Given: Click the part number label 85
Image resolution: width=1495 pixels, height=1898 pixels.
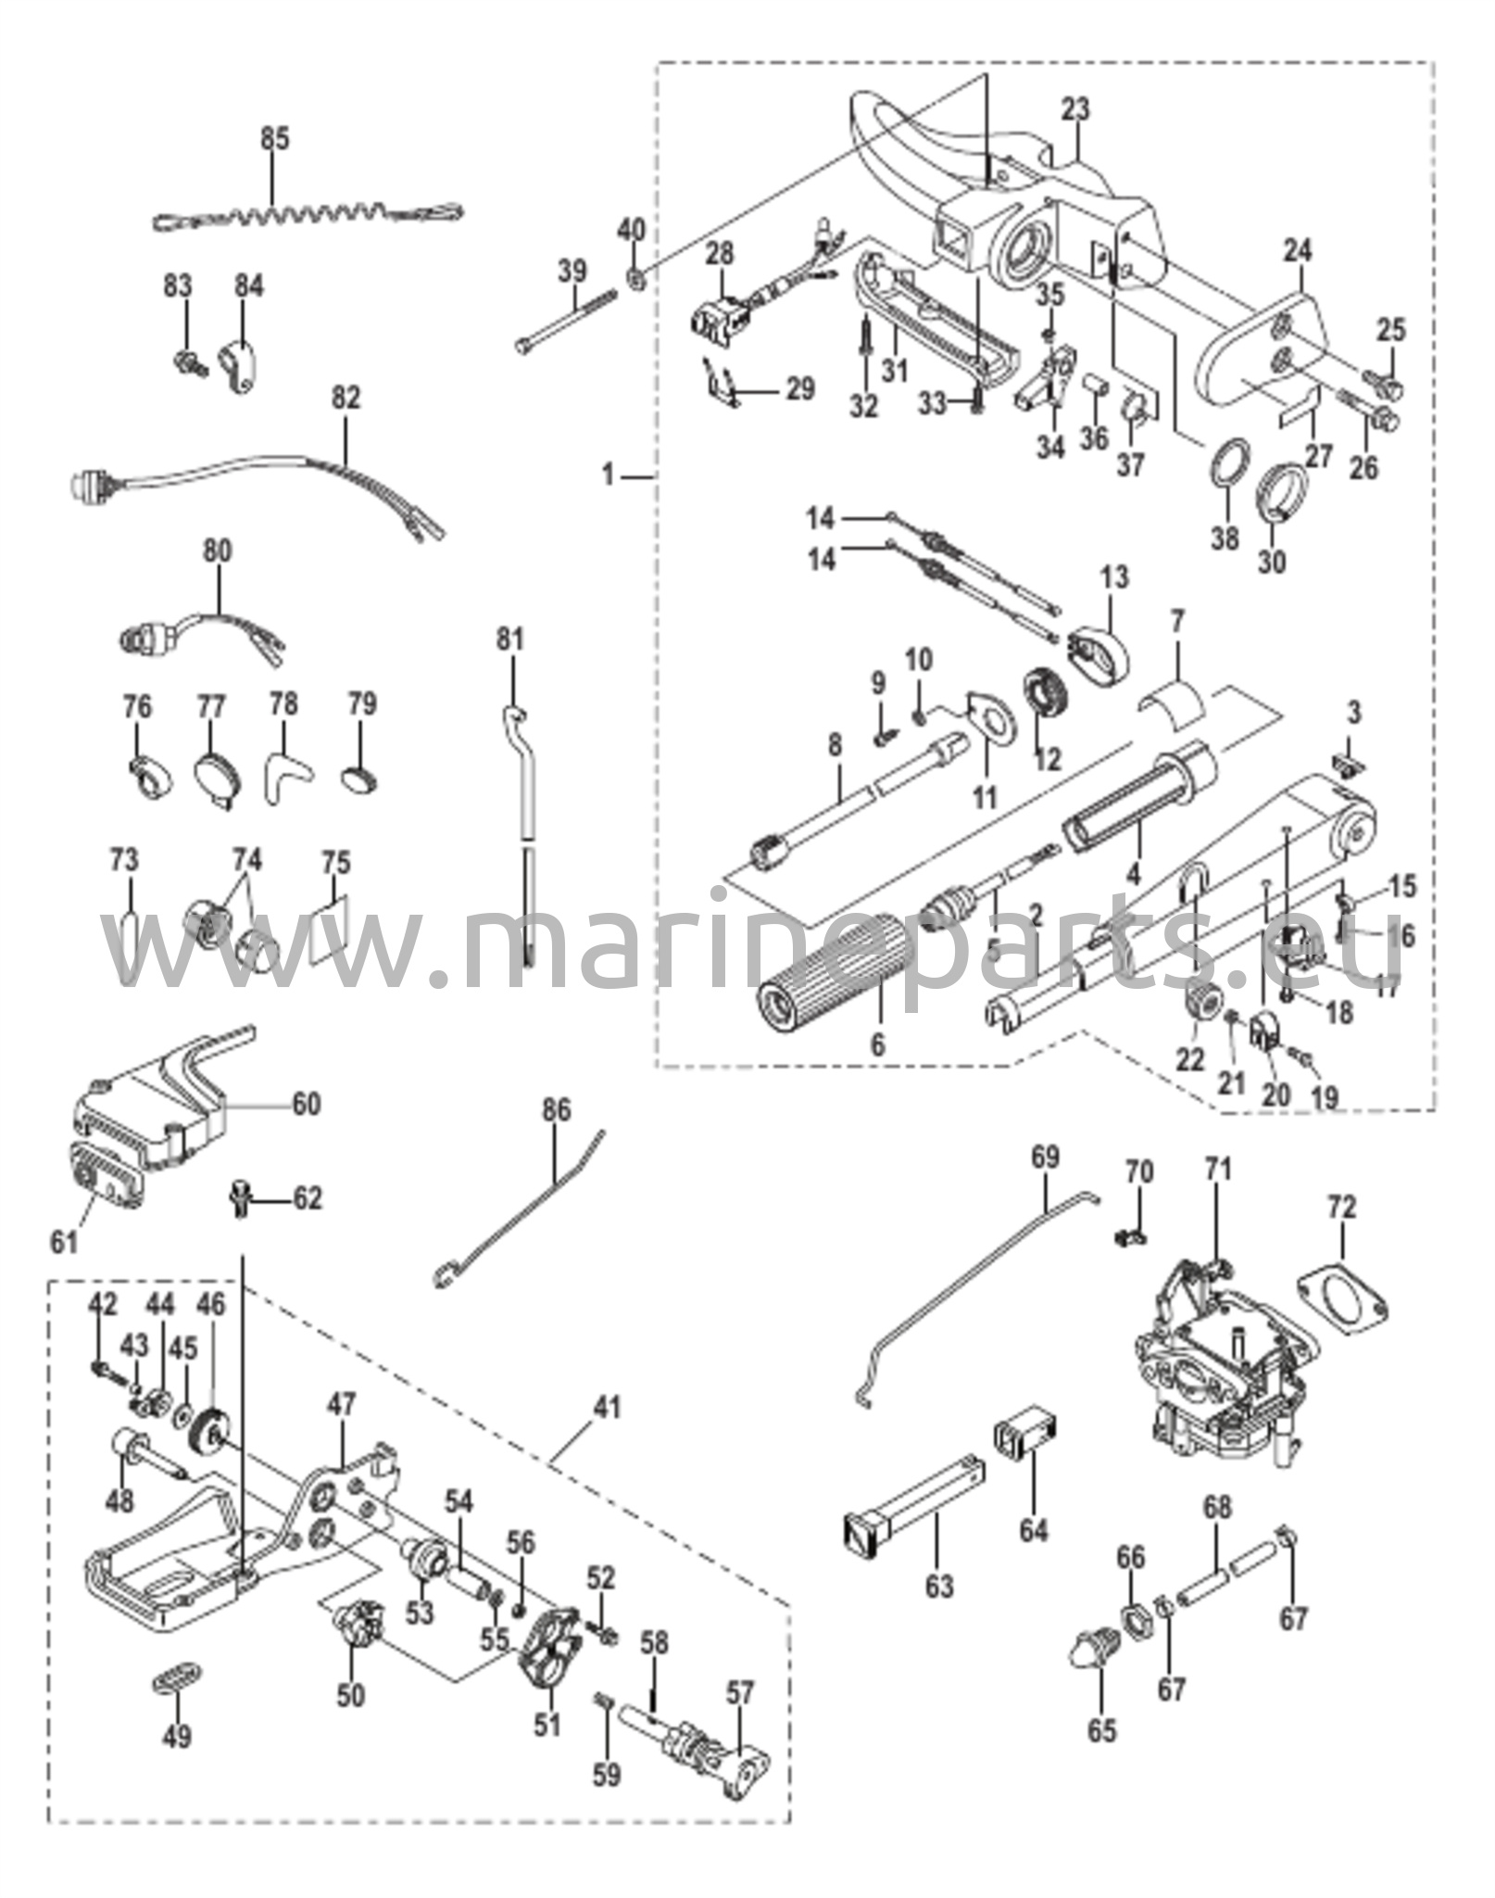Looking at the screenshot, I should point(274,138).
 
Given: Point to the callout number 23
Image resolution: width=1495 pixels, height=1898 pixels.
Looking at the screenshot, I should point(1075,109).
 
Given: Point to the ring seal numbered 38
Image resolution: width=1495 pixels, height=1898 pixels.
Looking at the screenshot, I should point(1226,461).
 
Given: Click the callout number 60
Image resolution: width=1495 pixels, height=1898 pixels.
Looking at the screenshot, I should point(307,1104).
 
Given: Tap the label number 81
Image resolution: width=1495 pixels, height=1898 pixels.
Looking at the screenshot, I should point(509,639).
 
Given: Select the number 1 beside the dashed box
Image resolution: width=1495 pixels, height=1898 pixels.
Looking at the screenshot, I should point(608,475).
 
